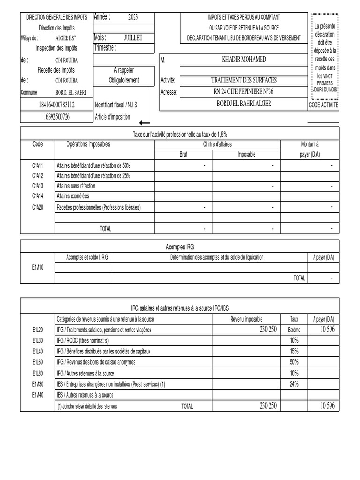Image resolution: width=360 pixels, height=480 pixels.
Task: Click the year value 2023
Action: click(133, 17)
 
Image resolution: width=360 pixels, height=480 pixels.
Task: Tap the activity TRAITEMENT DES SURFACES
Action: click(244, 80)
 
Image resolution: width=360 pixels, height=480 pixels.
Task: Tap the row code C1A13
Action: click(37, 186)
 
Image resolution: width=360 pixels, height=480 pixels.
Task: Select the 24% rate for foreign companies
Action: click(294, 383)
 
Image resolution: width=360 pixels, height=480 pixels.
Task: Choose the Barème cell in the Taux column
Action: click(294, 330)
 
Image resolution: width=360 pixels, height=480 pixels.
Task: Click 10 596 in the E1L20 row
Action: click(327, 330)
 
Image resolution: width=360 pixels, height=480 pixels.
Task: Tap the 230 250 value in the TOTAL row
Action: click(268, 406)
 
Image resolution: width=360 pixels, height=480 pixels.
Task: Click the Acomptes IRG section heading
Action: click(180, 247)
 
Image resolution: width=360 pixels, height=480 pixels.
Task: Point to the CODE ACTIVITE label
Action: click(323, 106)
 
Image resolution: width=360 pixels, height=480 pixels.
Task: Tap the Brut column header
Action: click(183, 154)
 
